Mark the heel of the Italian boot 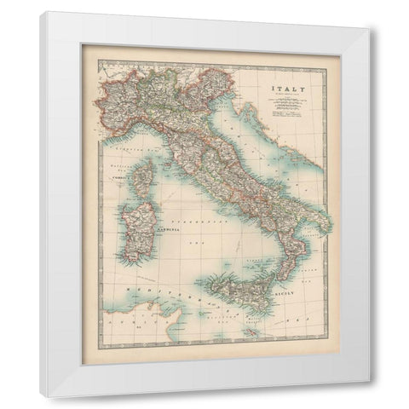(327, 223)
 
